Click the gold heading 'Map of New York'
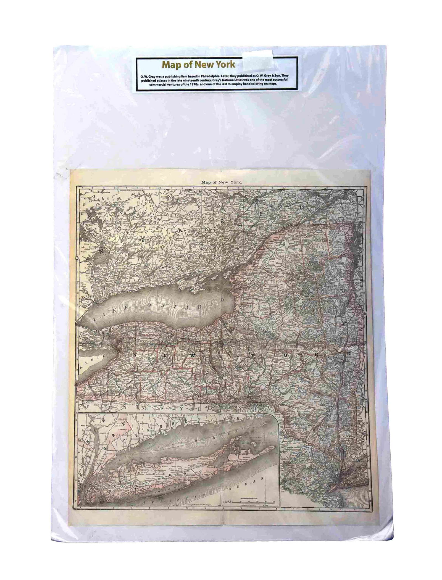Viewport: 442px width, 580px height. [x=198, y=65]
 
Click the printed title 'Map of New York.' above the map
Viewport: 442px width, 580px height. [x=222, y=182]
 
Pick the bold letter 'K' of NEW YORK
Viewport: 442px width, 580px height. [x=348, y=354]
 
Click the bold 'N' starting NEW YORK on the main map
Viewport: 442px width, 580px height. [x=135, y=355]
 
